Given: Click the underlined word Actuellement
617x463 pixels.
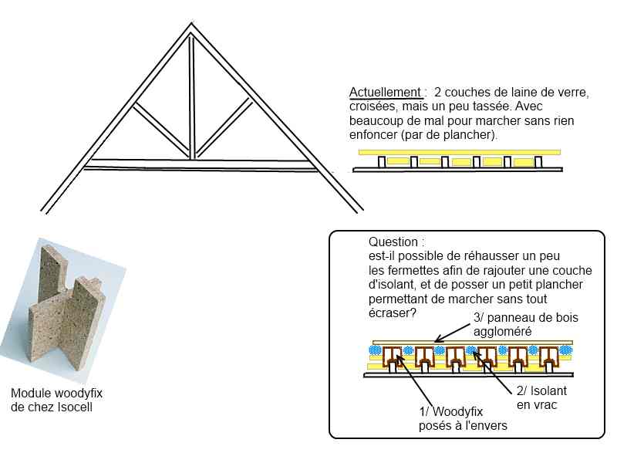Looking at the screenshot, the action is [x=385, y=93].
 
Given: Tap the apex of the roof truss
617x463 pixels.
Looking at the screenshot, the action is [x=191, y=24].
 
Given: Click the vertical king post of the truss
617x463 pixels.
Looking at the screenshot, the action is [x=191, y=97].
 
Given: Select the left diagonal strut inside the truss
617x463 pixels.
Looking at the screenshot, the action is [x=162, y=130].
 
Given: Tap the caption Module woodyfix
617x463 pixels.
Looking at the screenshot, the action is [x=56, y=393].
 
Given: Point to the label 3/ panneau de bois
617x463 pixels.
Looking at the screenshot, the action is [x=526, y=317].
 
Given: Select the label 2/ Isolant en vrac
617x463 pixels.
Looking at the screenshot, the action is [x=541, y=397].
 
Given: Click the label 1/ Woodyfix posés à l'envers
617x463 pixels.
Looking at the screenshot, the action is [x=463, y=418].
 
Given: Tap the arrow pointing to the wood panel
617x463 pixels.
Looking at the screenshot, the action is [x=452, y=333].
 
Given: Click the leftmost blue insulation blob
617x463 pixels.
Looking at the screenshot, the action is [x=375, y=350].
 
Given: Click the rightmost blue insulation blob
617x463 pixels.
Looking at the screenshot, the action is [x=566, y=350].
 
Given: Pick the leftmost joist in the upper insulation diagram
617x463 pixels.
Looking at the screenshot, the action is [x=381, y=162].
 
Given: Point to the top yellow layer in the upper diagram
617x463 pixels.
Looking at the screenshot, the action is [x=459, y=152].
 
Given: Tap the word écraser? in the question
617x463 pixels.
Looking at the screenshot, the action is [x=392, y=313].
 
